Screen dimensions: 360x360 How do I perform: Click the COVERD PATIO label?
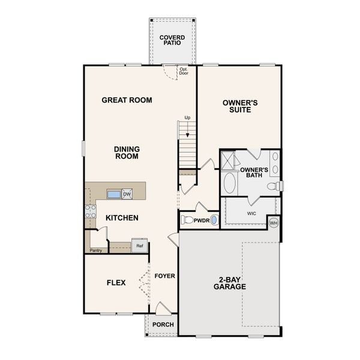[172, 41]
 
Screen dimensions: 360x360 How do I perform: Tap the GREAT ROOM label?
[127, 100]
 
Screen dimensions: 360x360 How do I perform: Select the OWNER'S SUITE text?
[240, 106]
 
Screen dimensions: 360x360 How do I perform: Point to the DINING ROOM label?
[127, 152]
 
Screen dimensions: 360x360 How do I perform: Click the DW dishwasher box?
[127, 194]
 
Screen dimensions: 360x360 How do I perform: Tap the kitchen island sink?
[114, 194]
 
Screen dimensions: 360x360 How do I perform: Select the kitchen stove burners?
[91, 211]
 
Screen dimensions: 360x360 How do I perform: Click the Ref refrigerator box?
[139, 245]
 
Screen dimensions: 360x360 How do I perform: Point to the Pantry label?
[95, 250]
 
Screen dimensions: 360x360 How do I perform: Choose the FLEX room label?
[116, 283]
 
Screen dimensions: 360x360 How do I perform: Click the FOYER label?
[164, 276]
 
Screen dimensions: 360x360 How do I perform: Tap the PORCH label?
[163, 325]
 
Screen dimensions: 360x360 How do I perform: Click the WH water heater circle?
[274, 223]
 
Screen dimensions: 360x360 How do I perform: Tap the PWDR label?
[200, 220]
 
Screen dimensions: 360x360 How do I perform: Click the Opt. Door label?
[184, 71]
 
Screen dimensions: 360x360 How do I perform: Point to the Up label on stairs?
[187, 118]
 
